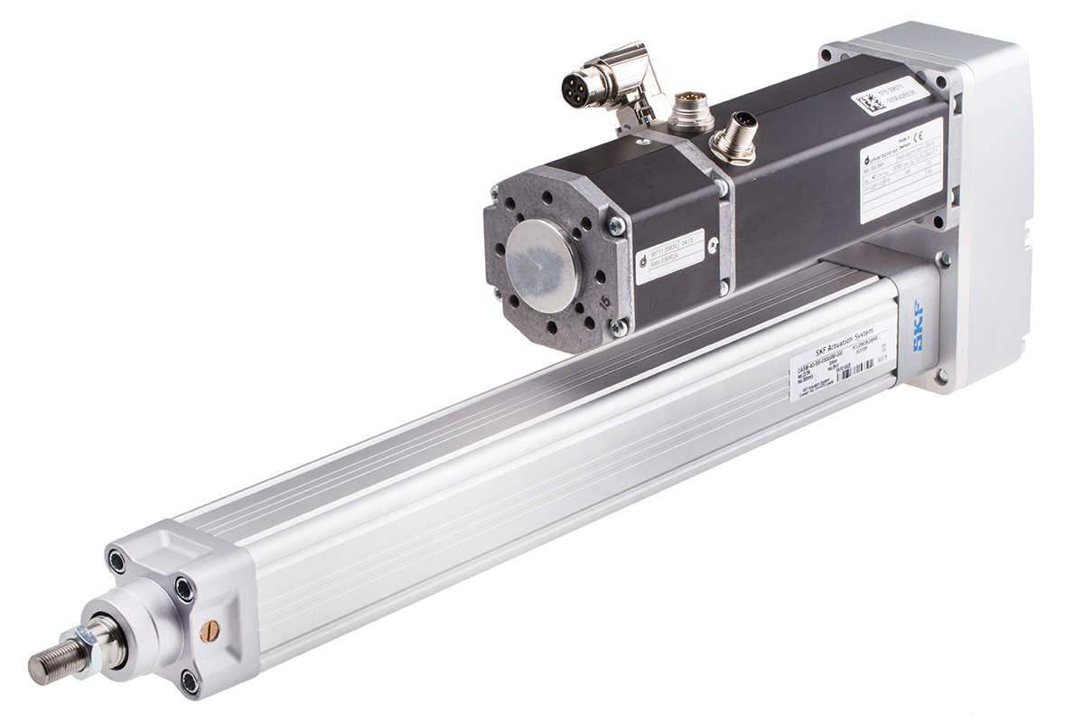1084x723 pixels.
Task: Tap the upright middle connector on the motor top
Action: coord(691,108)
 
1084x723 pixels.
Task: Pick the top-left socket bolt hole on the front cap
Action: coord(117,561)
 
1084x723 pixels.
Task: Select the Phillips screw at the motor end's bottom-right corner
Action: coord(619,328)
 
